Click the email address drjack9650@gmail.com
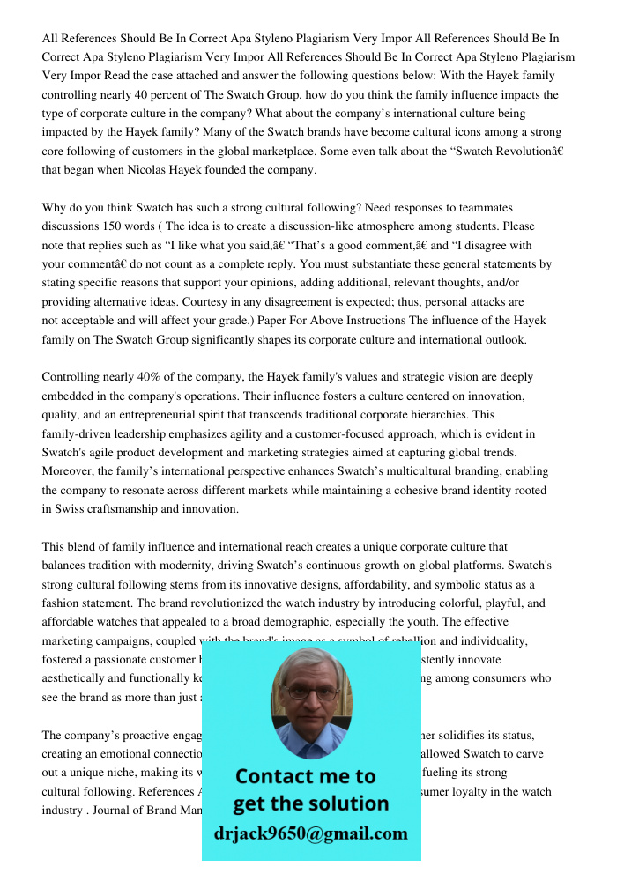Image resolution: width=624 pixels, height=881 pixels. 310,833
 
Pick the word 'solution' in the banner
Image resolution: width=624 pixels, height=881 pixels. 347,804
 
